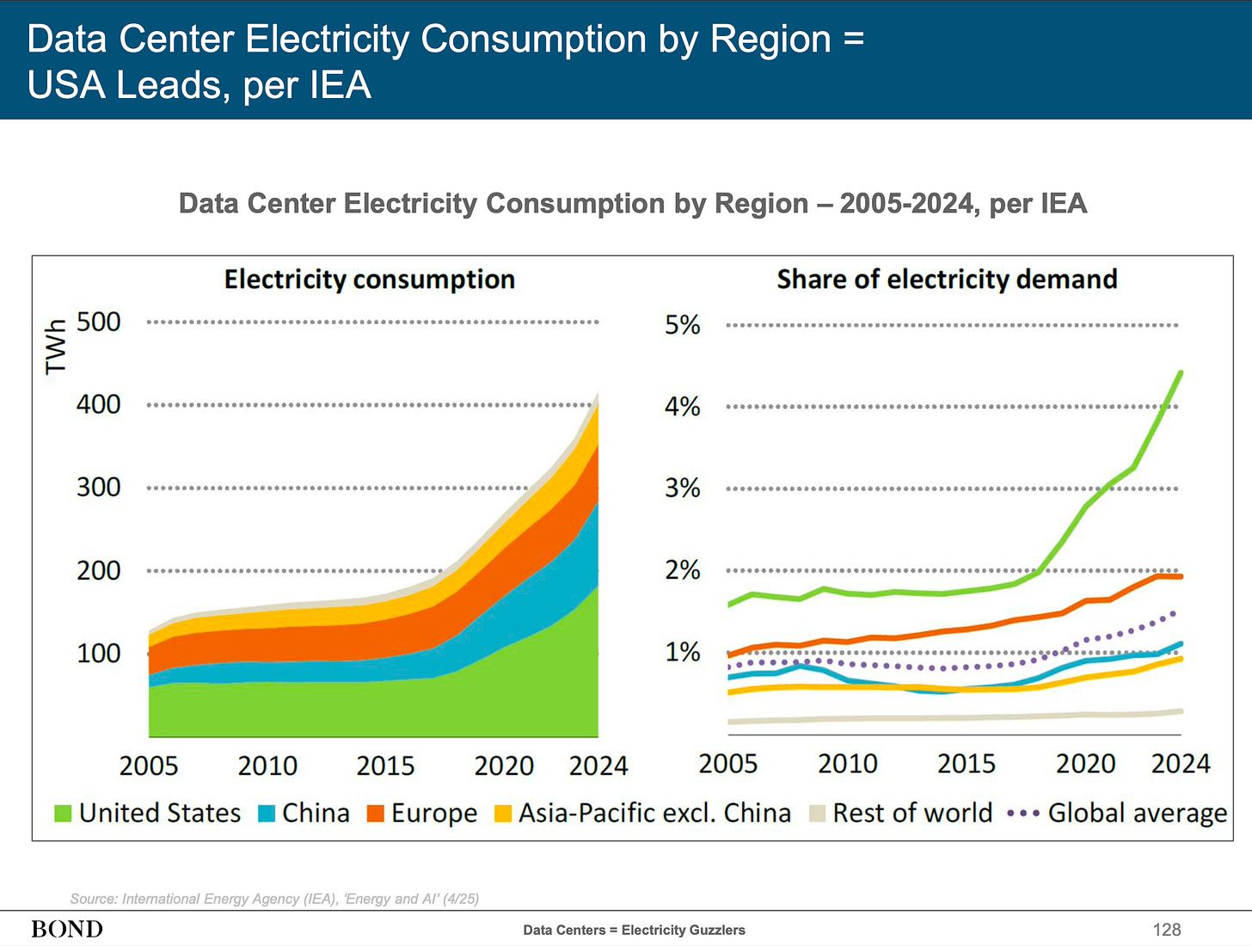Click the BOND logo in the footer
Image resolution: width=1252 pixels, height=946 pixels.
(67, 929)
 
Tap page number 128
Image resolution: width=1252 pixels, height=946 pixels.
(1167, 929)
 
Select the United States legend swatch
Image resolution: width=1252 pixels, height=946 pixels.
(63, 813)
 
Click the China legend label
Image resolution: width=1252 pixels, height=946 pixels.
(316, 813)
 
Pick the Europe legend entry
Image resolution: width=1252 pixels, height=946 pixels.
(433, 813)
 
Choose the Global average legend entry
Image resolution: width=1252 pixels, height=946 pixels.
(1137, 813)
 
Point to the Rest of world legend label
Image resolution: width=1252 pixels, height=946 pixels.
(912, 813)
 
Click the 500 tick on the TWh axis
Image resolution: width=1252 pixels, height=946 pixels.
(99, 322)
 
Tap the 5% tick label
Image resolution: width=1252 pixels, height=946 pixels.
(683, 325)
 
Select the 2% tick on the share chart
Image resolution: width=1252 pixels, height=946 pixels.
(683, 570)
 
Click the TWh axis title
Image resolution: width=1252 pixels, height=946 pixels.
(56, 347)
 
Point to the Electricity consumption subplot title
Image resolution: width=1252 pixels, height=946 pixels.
(370, 279)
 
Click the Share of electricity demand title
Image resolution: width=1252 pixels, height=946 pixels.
(947, 279)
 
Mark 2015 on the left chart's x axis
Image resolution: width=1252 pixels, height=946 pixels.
(385, 765)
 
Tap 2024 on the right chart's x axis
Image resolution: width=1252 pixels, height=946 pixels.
(1181, 764)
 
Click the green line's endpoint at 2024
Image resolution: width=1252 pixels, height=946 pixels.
(1181, 372)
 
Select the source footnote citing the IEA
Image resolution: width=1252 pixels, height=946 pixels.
(274, 899)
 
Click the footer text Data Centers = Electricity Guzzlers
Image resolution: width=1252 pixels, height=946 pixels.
(634, 930)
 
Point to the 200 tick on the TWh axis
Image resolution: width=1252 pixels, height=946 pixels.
(99, 570)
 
